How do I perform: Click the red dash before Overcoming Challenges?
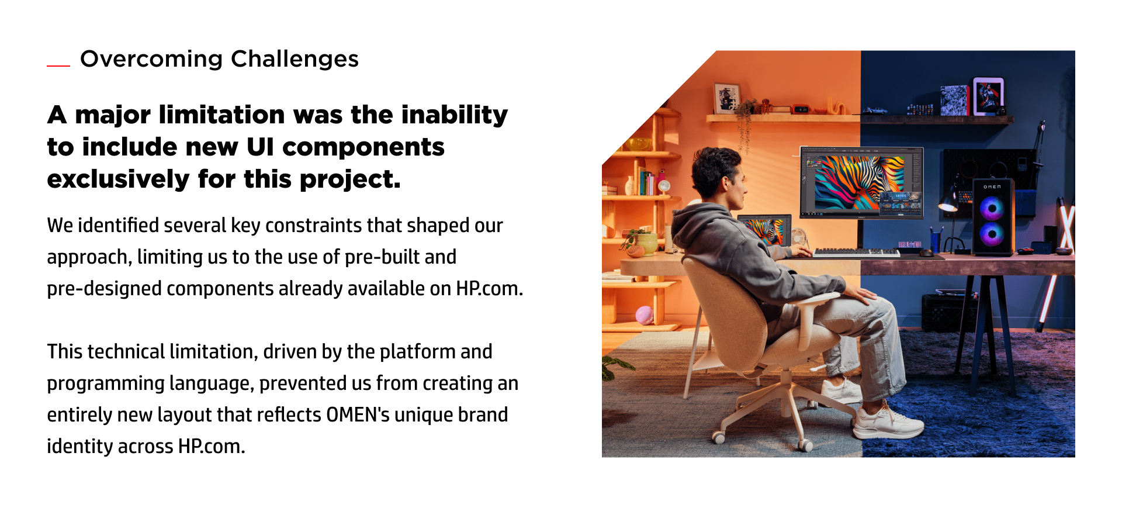(58, 66)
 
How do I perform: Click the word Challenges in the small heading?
(295, 60)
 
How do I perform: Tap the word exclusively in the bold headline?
(118, 179)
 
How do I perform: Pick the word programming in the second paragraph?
(106, 384)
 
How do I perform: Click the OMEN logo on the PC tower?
(992, 187)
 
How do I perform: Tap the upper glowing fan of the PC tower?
(992, 208)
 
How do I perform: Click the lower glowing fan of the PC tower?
(992, 234)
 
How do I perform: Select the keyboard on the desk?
(857, 252)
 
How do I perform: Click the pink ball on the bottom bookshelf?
(645, 315)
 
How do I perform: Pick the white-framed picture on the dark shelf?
(988, 96)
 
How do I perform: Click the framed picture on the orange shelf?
(727, 98)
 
